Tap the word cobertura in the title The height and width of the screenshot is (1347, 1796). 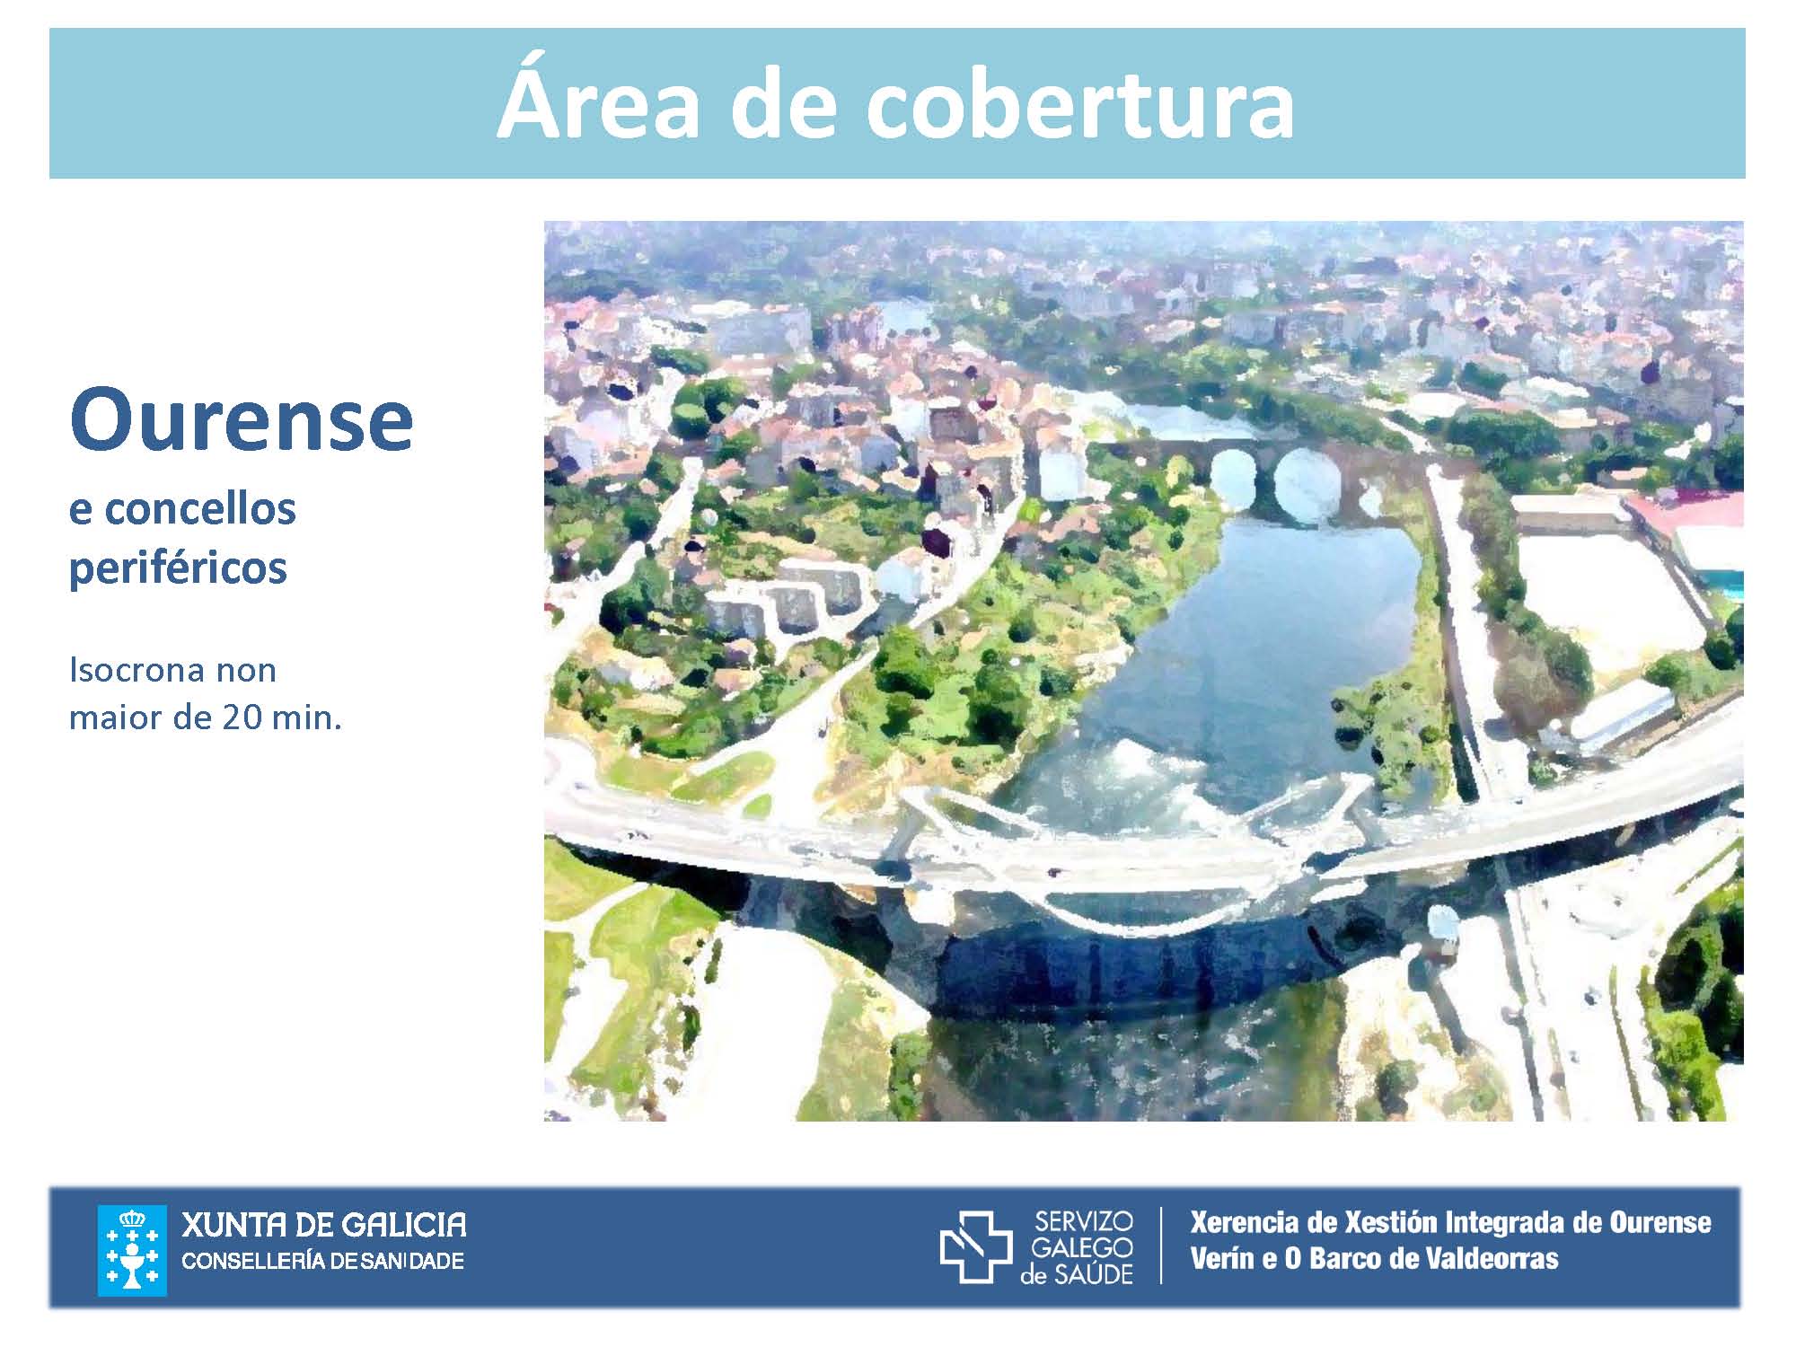[x=1080, y=102]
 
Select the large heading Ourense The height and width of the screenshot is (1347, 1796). [x=241, y=419]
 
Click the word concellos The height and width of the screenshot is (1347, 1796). [x=200, y=509]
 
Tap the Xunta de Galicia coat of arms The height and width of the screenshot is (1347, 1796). [x=131, y=1250]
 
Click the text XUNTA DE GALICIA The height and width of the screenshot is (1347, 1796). [x=324, y=1224]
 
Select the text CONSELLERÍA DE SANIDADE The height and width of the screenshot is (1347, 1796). [x=323, y=1261]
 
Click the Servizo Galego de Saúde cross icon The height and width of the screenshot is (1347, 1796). [x=975, y=1246]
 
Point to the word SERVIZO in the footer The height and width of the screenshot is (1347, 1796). [x=1084, y=1221]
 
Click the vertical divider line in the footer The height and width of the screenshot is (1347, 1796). [x=1161, y=1245]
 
